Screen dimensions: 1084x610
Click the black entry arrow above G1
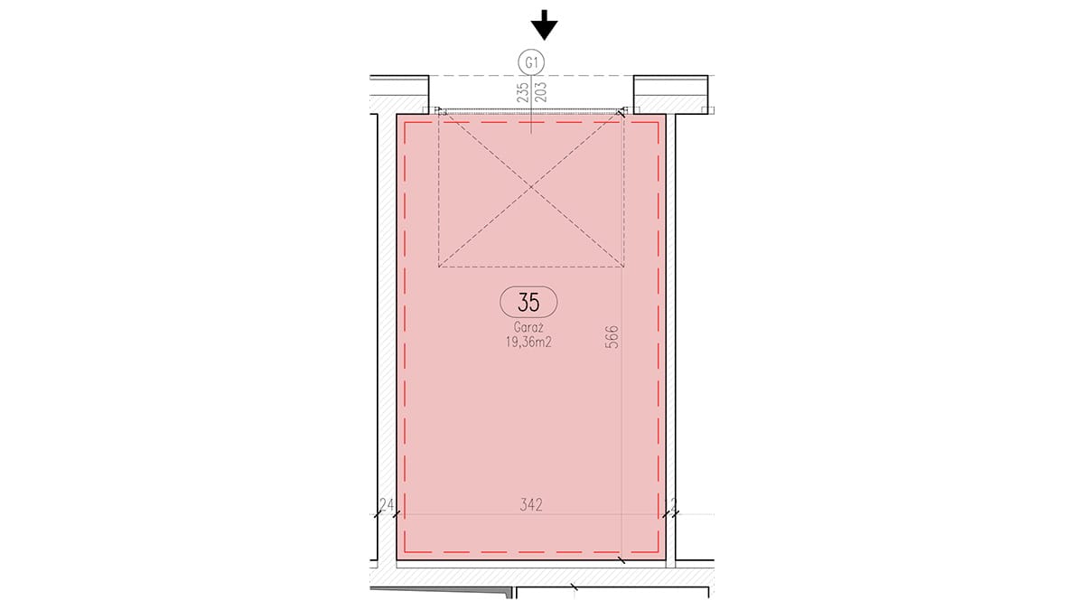click(545, 25)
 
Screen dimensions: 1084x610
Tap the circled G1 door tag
click(531, 62)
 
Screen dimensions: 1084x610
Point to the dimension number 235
click(523, 91)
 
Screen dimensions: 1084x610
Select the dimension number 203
click(541, 91)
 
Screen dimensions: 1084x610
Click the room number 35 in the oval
click(528, 303)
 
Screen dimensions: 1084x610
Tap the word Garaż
click(528, 327)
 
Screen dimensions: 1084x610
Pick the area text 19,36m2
click(528, 343)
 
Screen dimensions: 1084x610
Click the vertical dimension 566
click(612, 337)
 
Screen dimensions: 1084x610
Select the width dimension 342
click(531, 505)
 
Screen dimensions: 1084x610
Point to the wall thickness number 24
click(387, 505)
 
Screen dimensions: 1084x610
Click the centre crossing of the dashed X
click(531, 187)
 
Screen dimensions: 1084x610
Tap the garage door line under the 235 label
click(531, 111)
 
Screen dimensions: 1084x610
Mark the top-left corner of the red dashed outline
click(405, 123)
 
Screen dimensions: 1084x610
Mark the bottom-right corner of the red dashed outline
click(659, 552)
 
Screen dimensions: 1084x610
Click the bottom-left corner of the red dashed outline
click(405, 552)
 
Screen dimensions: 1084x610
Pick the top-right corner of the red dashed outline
click(659, 123)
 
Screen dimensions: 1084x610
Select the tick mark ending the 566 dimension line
click(621, 560)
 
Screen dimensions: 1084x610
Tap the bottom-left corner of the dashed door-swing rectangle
click(438, 267)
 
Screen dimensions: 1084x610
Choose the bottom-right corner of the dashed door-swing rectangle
click(624, 267)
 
